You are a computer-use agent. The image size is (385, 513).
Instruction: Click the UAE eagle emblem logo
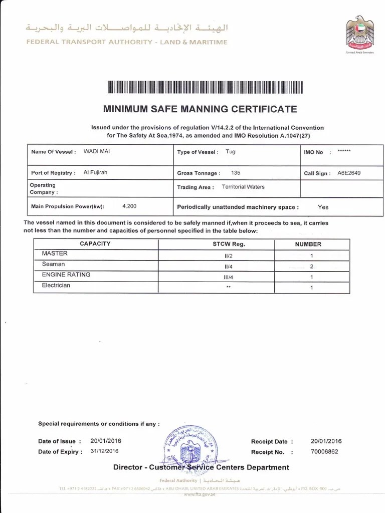[x=359, y=33]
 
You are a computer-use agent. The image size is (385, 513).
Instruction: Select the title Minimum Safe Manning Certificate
[x=200, y=109]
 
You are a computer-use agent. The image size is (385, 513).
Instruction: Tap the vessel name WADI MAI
[x=97, y=151]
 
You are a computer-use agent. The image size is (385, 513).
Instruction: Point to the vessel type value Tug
[x=230, y=151]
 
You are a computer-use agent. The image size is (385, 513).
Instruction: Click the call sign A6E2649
[x=348, y=173]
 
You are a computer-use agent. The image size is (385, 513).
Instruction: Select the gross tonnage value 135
[x=236, y=173]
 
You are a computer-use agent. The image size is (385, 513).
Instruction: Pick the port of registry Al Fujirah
[x=95, y=172]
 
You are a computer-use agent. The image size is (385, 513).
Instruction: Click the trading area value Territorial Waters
[x=243, y=187]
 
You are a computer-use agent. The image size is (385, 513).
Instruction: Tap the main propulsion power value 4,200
[x=129, y=206]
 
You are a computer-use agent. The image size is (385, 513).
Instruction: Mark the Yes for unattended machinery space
[x=323, y=207]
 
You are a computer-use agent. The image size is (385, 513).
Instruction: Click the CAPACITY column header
[x=95, y=244]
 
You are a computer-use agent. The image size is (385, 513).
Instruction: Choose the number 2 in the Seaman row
[x=311, y=266]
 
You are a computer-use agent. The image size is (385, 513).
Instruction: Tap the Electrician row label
[x=56, y=286]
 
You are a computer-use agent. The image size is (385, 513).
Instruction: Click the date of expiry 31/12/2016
[x=104, y=451]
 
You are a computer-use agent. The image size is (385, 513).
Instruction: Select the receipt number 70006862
[x=324, y=451]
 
